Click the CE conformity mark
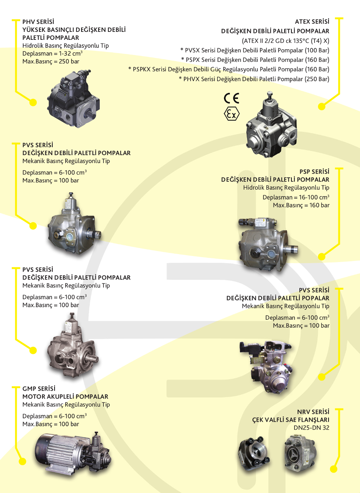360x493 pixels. click(232, 99)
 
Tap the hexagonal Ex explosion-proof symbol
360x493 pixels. click(232, 114)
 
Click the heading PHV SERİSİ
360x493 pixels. click(38, 22)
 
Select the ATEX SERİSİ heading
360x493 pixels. click(312, 22)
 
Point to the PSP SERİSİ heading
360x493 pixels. click(314, 172)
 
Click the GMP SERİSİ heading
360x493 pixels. click(39, 389)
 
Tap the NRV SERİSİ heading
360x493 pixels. click(313, 412)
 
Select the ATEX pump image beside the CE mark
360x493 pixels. click(271, 125)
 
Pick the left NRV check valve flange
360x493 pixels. click(254, 455)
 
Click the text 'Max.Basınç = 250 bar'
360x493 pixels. click(51, 61)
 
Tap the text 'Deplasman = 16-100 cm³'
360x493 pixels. click(296, 198)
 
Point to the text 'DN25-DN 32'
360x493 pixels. click(311, 428)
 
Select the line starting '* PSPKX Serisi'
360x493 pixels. click(229, 69)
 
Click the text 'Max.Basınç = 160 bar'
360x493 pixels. click(301, 206)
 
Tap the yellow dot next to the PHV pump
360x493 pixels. click(33, 102)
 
